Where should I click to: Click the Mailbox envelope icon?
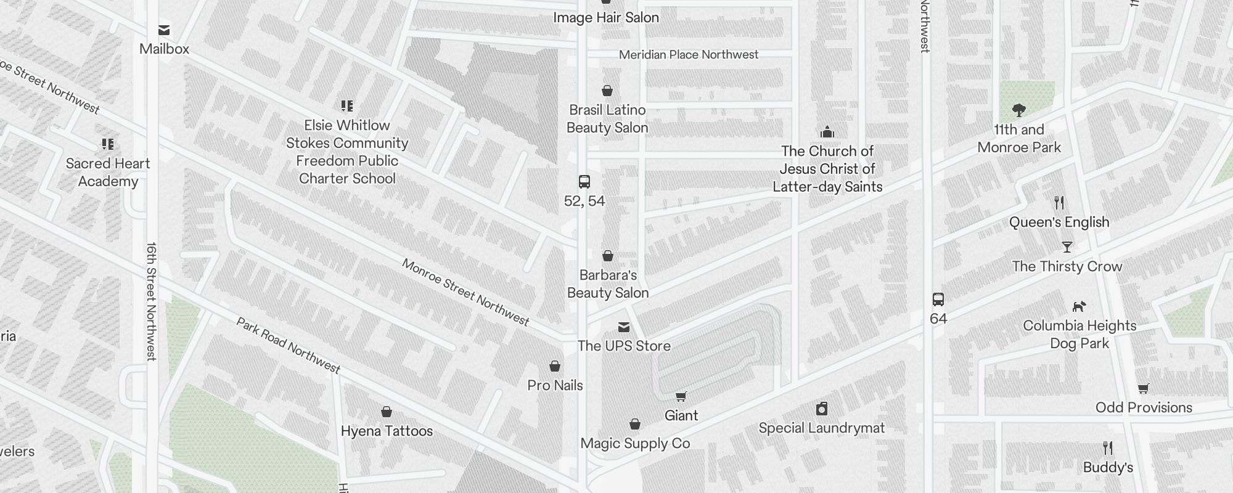click(x=164, y=30)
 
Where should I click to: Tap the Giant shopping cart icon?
click(x=681, y=397)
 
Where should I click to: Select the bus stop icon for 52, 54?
click(x=584, y=182)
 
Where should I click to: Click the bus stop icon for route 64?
click(x=938, y=299)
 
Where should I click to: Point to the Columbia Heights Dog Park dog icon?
click(x=1079, y=306)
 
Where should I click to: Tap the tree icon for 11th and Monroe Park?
click(x=1019, y=111)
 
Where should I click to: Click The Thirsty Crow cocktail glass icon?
click(x=1067, y=247)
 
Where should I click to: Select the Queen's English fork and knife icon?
click(x=1059, y=203)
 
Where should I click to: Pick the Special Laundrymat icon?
click(x=822, y=409)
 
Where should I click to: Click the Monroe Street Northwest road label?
click(x=465, y=291)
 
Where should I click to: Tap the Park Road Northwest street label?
click(x=289, y=345)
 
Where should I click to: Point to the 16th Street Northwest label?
click(x=152, y=301)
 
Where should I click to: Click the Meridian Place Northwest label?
click(x=689, y=55)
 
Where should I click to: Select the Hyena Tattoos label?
click(x=387, y=431)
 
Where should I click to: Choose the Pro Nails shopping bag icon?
click(x=555, y=367)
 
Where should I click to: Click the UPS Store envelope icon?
click(x=624, y=327)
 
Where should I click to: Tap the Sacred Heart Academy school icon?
click(x=108, y=144)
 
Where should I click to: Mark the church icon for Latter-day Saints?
click(x=827, y=132)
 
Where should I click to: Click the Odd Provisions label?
click(x=1144, y=407)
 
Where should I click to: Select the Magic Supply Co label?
click(x=635, y=443)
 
